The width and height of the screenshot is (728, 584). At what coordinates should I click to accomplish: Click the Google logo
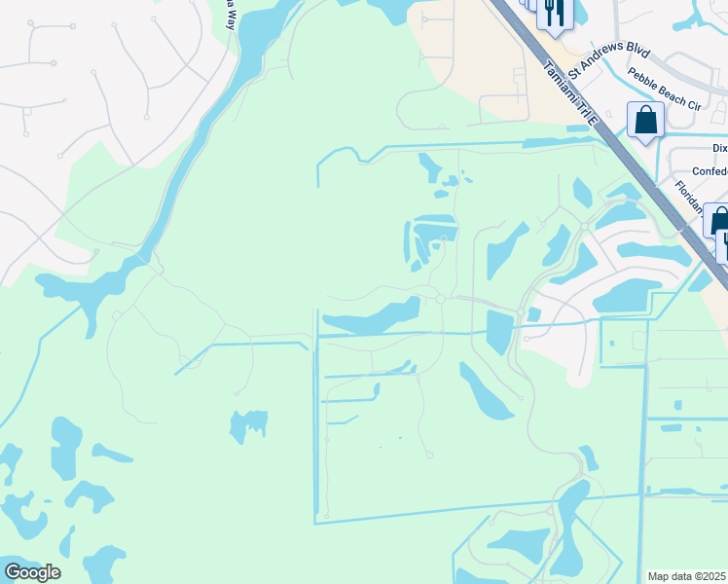point(32,572)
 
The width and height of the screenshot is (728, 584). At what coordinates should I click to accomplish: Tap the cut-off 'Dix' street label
point(718,148)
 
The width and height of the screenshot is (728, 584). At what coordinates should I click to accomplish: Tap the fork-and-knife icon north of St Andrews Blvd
point(554,13)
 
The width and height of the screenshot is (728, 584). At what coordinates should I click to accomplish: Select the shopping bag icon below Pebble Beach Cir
point(645,121)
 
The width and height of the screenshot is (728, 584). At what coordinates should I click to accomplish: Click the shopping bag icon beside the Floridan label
point(718,221)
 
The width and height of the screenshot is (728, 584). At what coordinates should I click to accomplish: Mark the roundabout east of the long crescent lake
point(440,300)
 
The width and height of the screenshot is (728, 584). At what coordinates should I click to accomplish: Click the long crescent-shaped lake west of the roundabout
point(375,318)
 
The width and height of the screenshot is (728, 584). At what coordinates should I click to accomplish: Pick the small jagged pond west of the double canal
point(249,425)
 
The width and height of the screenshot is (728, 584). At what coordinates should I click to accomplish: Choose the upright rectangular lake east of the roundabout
point(498,331)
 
